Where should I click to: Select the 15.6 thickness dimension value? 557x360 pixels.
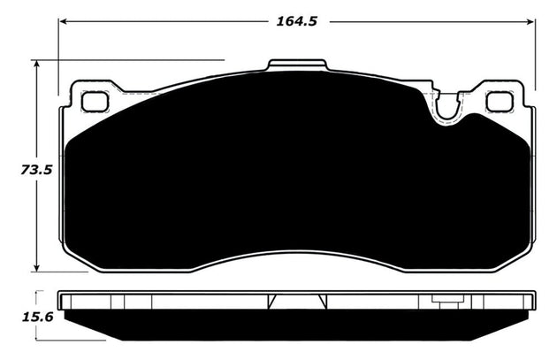17,316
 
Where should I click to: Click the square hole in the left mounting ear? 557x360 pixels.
95,102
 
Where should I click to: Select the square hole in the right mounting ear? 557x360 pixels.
500,102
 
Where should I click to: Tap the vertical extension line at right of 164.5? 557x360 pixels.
536,53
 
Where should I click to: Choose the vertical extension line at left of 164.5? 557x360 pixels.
59,53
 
